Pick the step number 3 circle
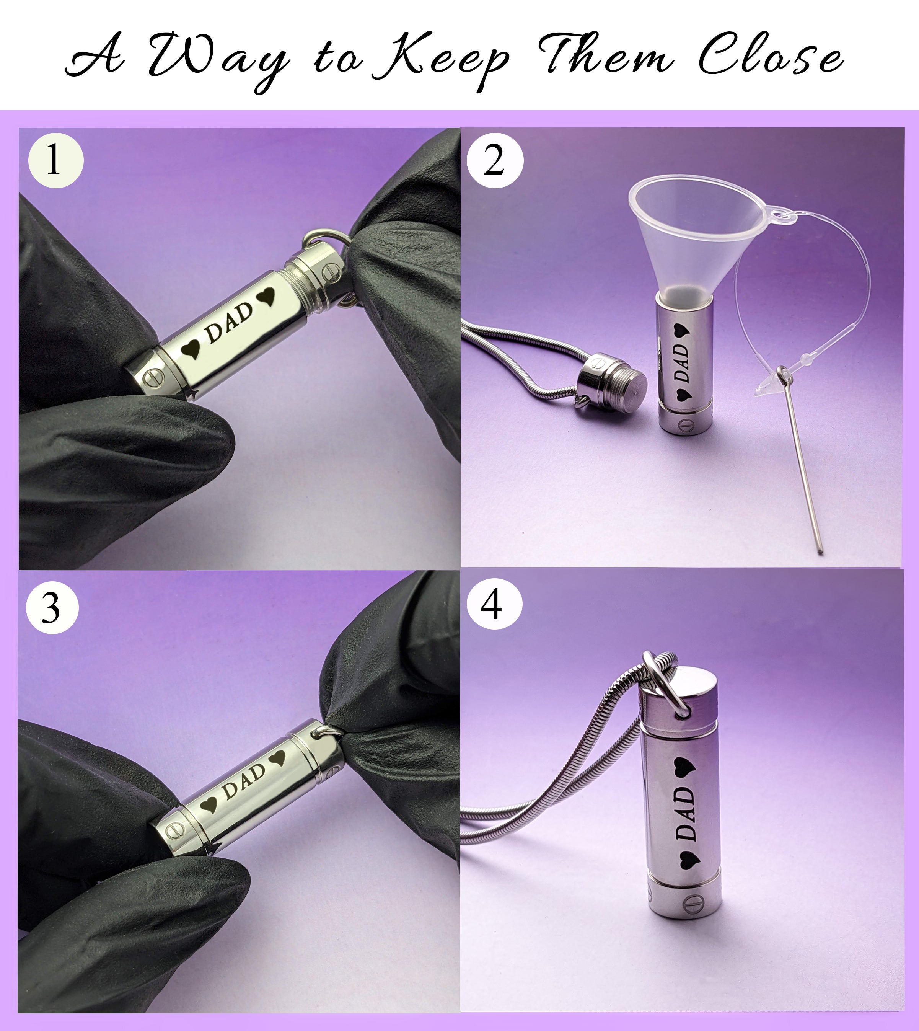click(x=52, y=607)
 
